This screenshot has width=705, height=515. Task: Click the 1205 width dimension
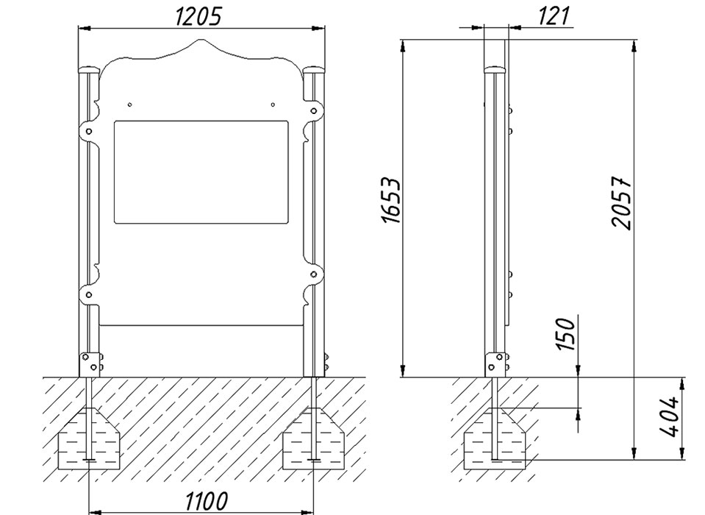(x=198, y=17)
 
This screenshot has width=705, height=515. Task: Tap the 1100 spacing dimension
(x=207, y=500)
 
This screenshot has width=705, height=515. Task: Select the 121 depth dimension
(x=554, y=16)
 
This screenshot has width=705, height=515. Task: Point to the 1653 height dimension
(x=390, y=201)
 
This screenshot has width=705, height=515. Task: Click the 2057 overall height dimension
(x=622, y=203)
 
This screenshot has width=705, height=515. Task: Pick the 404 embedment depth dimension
(x=669, y=416)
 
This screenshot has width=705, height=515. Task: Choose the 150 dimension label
(x=565, y=334)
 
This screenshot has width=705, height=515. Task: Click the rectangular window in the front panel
(x=201, y=172)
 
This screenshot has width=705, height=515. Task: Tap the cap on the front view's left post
(x=89, y=71)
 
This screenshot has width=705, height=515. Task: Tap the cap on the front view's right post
(x=314, y=71)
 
